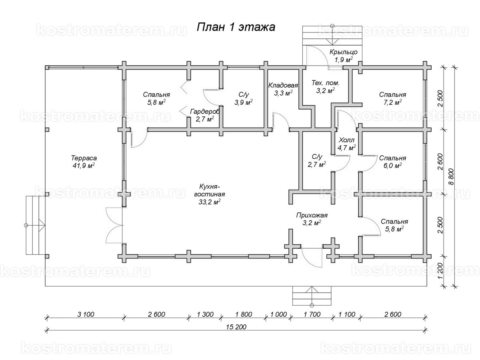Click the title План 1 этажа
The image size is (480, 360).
236,27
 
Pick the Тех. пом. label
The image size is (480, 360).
325,83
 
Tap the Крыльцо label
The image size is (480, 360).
343,52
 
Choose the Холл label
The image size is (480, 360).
346,140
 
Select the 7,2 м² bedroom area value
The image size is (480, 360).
392,103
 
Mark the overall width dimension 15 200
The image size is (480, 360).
235,326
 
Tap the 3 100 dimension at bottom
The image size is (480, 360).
84,314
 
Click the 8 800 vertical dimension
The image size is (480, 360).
452,176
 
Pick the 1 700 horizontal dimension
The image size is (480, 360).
312,314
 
